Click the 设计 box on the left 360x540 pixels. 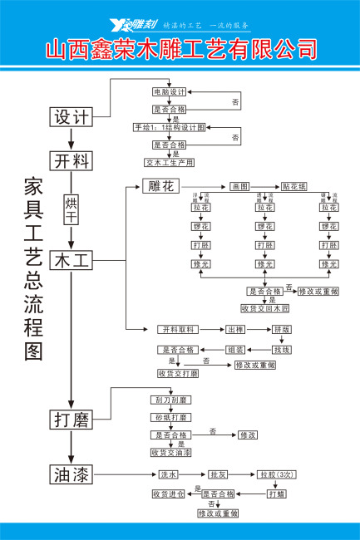pyautogui.click(x=72, y=117)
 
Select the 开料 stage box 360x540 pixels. pyautogui.click(x=72, y=160)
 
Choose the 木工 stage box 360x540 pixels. pyautogui.click(x=72, y=260)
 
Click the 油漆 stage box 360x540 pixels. pyautogui.click(x=72, y=474)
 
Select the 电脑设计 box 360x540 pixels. pyautogui.click(x=169, y=91)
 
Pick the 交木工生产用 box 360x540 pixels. pyautogui.click(x=169, y=162)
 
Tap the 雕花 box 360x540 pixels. pyautogui.click(x=160, y=186)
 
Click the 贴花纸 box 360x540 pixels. pyautogui.click(x=294, y=186)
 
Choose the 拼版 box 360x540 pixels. pyautogui.click(x=282, y=329)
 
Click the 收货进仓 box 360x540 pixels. pyautogui.click(x=168, y=493)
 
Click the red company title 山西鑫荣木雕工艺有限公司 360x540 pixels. pyautogui.click(x=180, y=49)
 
